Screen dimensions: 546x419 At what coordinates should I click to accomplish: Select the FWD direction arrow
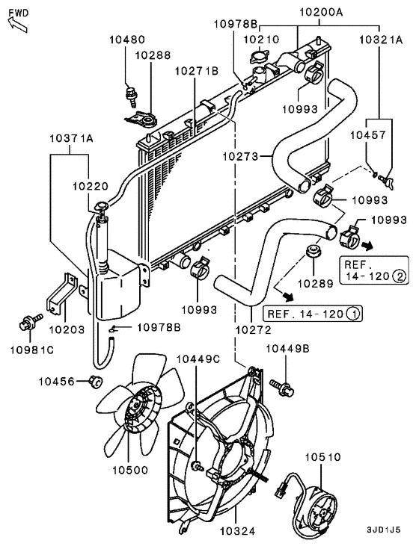coord(17,19)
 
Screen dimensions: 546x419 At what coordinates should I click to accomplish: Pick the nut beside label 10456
coord(95,382)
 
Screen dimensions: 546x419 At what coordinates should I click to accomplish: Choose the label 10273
coord(239,157)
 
